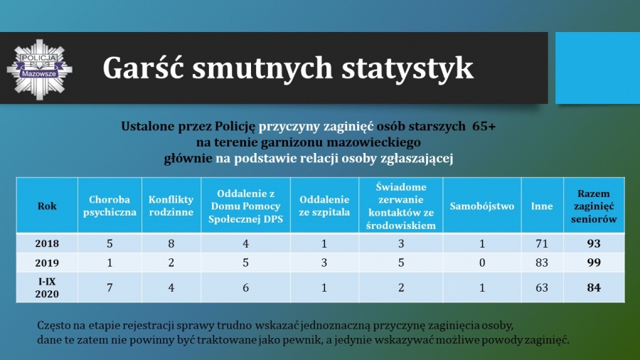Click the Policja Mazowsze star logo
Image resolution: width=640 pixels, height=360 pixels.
coord(40,70)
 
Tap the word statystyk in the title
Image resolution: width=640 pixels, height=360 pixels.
coord(407,68)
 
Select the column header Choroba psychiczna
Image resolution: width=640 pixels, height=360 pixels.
coord(110,206)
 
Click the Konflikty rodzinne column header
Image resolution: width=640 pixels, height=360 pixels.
coord(171,206)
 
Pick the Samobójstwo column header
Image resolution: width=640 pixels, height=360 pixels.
coord(482,206)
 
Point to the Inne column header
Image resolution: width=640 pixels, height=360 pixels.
coord(542,206)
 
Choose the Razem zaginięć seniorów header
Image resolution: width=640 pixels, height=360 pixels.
coord(594,206)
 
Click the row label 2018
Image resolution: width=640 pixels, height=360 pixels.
coord(47,243)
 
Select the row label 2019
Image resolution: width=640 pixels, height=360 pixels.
coord(47,263)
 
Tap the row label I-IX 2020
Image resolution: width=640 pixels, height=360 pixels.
coord(47,287)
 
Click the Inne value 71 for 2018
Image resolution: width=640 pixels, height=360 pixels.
coord(542,243)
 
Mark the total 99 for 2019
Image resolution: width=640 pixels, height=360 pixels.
coord(594,263)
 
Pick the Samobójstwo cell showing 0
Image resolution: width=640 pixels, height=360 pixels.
coord(482,263)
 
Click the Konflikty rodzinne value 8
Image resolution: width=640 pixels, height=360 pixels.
coord(171,243)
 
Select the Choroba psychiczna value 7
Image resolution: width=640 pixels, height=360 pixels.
coord(110,287)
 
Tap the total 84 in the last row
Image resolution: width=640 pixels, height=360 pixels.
coord(594,287)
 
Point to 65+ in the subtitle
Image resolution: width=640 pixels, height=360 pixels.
coord(484,127)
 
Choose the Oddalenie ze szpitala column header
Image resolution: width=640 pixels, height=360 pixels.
coord(324,206)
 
